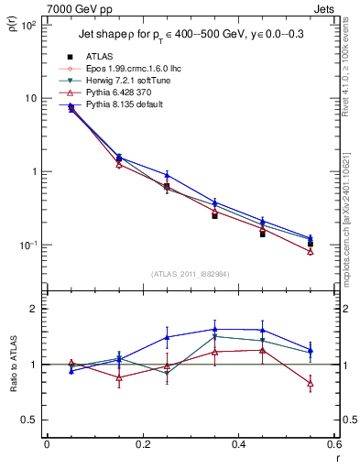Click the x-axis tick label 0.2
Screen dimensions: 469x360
[x=142, y=445]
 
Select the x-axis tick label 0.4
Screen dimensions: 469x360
[x=238, y=445]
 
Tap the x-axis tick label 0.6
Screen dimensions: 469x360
[x=333, y=445]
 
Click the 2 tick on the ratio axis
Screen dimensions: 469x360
[x=35, y=309]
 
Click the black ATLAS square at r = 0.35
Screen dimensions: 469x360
[x=214, y=215]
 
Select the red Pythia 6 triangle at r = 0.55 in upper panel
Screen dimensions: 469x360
[x=311, y=251]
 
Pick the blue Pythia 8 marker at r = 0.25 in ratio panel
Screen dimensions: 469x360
[x=167, y=337]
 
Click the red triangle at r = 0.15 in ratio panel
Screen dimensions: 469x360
[x=119, y=377]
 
